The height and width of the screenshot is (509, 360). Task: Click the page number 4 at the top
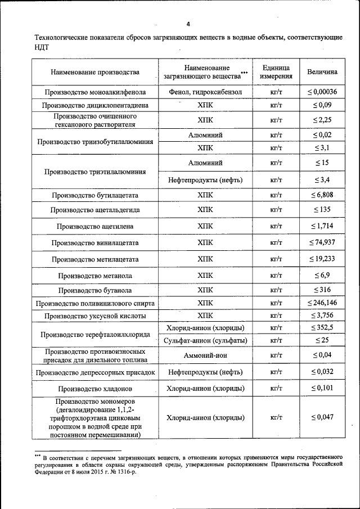coord(188,24)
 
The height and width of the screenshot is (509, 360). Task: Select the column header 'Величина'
coord(322,72)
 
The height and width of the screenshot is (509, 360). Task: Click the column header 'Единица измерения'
coord(276,71)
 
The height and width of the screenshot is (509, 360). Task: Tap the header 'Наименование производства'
coord(94,72)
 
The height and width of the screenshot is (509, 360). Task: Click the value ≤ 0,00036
coord(322,92)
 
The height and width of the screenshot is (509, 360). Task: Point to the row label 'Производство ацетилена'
coord(94,226)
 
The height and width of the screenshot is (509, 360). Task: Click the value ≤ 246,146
coord(322,303)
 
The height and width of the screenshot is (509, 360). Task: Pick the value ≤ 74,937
coord(322,242)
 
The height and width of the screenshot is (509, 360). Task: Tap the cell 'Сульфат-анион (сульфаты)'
coord(205,340)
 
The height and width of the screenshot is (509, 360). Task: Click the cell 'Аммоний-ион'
coord(205,355)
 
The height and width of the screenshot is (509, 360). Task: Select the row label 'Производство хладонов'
coord(94,389)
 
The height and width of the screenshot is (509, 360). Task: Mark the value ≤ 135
coord(322,209)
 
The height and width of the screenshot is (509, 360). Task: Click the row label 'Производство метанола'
coord(94,276)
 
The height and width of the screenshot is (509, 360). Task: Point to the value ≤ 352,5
coord(322,327)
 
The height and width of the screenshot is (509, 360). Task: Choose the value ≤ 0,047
coord(322,417)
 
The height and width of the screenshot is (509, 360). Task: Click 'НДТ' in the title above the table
coord(42,48)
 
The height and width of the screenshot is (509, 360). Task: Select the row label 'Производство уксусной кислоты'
coord(94,316)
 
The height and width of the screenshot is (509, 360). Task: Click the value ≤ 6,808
coord(322,195)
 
